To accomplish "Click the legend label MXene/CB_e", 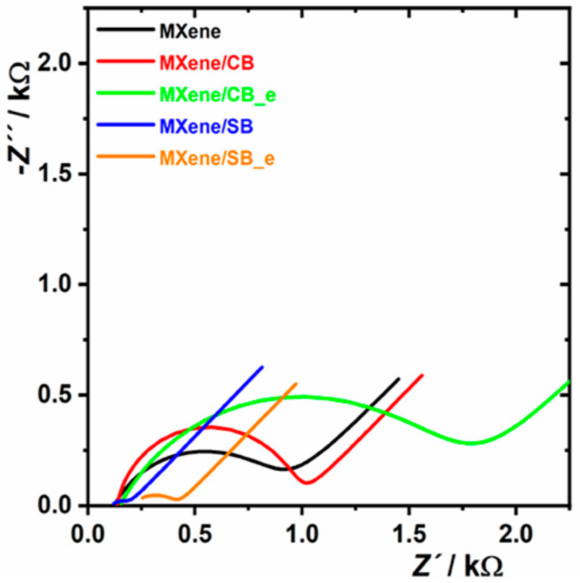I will click(x=217, y=95).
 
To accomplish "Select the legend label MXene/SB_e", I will click(x=217, y=158).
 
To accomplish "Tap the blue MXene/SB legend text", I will click(x=206, y=126).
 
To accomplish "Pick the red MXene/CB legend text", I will click(x=207, y=63).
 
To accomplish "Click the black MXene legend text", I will click(x=190, y=31).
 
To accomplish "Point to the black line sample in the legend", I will click(x=126, y=30).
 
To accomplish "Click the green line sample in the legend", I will click(x=126, y=93).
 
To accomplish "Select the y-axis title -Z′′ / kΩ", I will click(x=19, y=118).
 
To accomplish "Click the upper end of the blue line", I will click(x=262, y=367).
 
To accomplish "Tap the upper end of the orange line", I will click(x=296, y=384).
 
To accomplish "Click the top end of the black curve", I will click(x=399, y=378).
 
